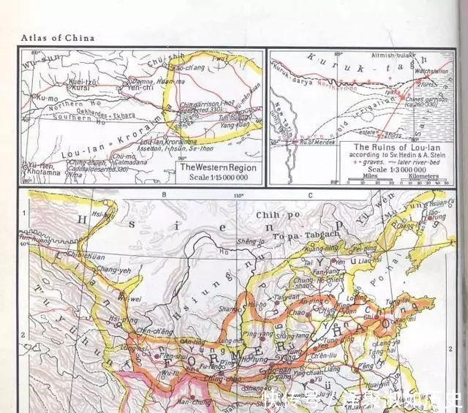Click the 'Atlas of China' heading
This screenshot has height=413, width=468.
pos(58,38)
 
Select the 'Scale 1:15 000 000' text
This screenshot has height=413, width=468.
pos(217,178)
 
